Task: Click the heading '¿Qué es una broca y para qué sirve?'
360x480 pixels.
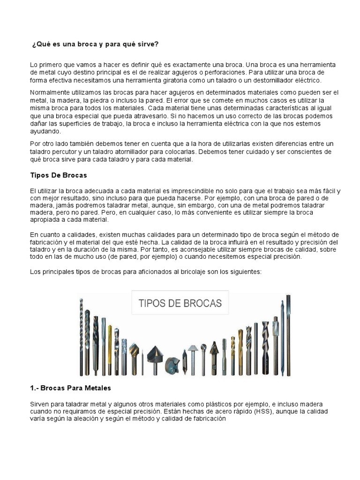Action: click(x=95, y=44)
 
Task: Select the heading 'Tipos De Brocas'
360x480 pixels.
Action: click(x=59, y=175)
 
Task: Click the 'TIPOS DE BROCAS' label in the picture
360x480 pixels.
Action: click(x=180, y=303)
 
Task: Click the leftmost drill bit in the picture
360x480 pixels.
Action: click(x=82, y=337)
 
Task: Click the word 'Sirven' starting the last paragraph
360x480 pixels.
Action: click(x=39, y=404)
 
